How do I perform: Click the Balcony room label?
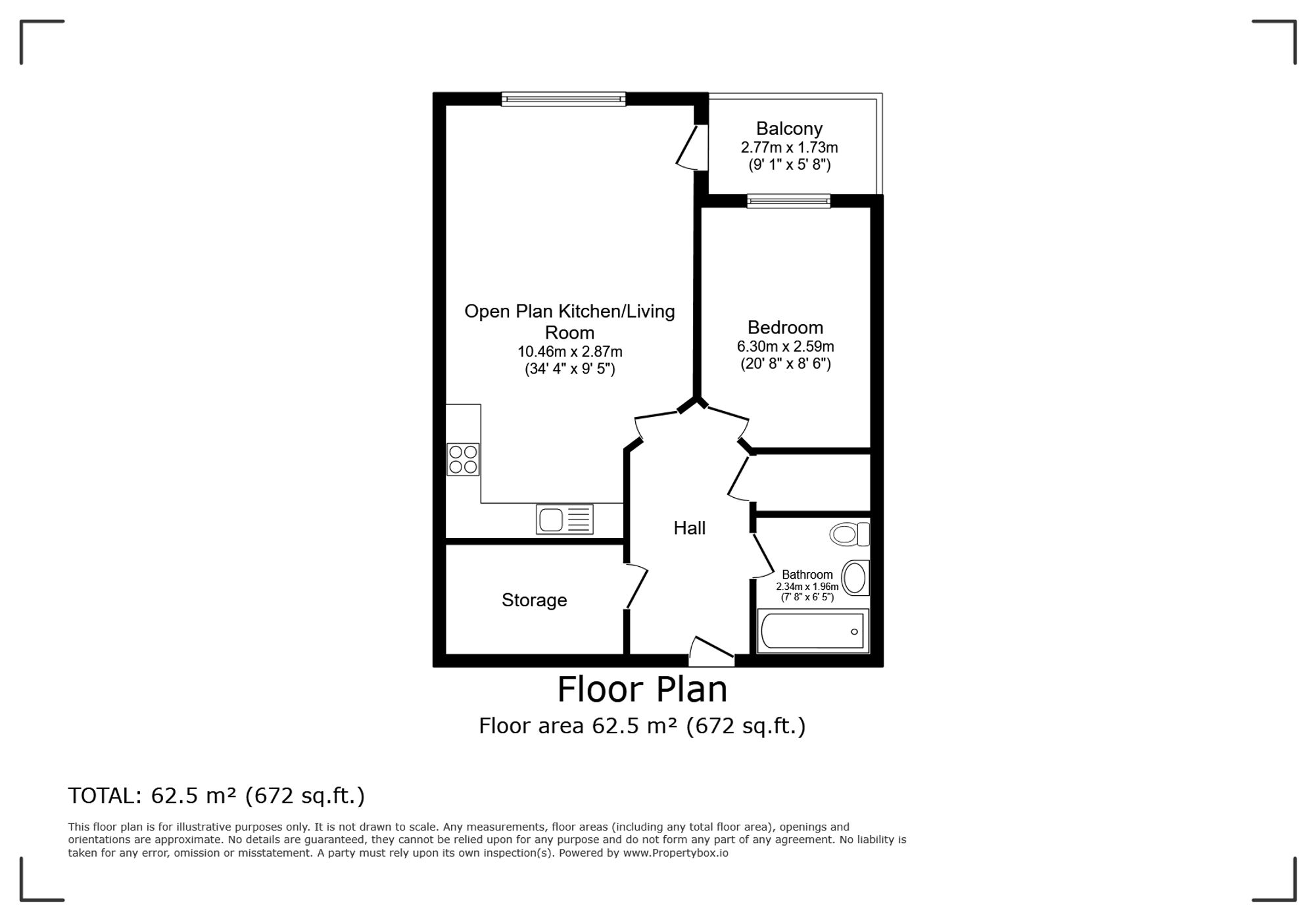tap(789, 128)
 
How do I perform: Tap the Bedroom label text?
tap(785, 327)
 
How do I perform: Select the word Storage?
tap(534, 600)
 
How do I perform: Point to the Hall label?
tap(689, 527)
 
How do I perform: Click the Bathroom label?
tap(807, 575)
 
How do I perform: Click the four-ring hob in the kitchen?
tap(463, 459)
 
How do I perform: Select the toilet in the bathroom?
tap(849, 534)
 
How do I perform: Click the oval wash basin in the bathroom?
tap(855, 578)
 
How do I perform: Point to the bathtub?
tap(813, 631)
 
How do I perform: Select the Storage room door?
tap(636, 587)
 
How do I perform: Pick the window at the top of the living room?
tap(563, 99)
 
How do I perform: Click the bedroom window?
tap(788, 201)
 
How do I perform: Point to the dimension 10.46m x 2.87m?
tap(569, 352)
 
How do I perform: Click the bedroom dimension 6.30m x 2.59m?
tap(785, 347)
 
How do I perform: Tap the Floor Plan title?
tap(642, 690)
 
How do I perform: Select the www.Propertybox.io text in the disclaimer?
tap(675, 853)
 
